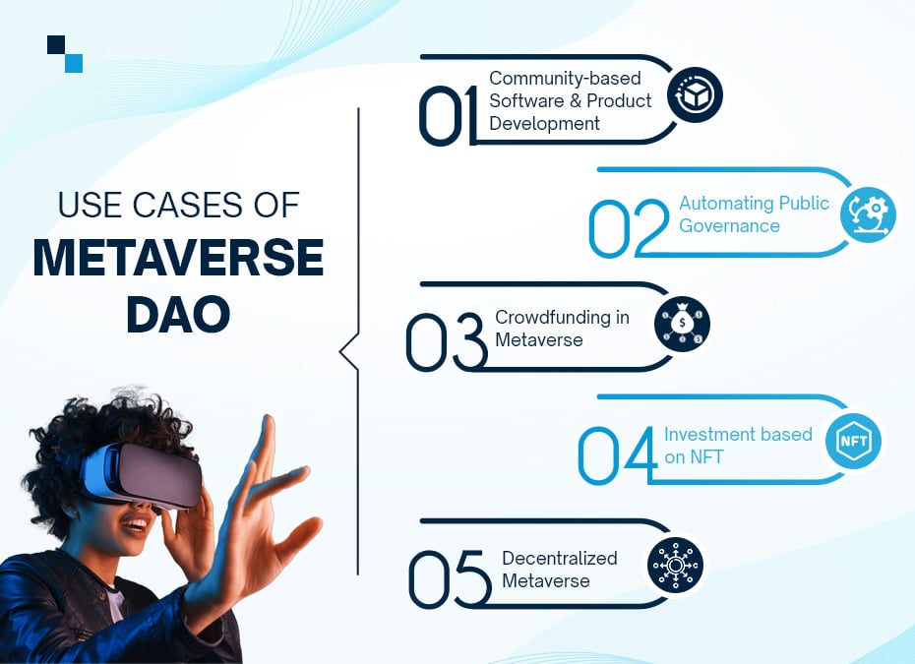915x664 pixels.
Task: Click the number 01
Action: (x=448, y=116)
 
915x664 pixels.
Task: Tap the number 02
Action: (x=629, y=228)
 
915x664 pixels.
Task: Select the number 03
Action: (x=447, y=342)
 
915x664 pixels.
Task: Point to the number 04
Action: (x=618, y=455)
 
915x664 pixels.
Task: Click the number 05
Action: (x=450, y=578)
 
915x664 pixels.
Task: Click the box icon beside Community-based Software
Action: (x=695, y=94)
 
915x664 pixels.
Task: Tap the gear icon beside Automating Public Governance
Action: (x=869, y=214)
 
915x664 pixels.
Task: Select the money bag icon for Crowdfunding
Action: (x=682, y=324)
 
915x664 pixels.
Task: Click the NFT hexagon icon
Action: (x=853, y=441)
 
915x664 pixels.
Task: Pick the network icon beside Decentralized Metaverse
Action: (x=676, y=565)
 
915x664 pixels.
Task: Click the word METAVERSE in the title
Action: (x=178, y=258)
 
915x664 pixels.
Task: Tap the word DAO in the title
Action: (x=178, y=315)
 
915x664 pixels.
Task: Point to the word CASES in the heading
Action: (x=187, y=205)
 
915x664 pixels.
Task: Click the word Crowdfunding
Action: (x=553, y=317)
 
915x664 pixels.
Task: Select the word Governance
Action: (x=729, y=226)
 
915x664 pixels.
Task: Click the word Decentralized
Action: (x=560, y=558)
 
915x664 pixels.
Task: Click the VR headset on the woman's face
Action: (x=143, y=474)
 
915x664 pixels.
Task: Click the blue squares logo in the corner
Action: (x=65, y=54)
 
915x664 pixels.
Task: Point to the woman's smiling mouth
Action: (x=137, y=525)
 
